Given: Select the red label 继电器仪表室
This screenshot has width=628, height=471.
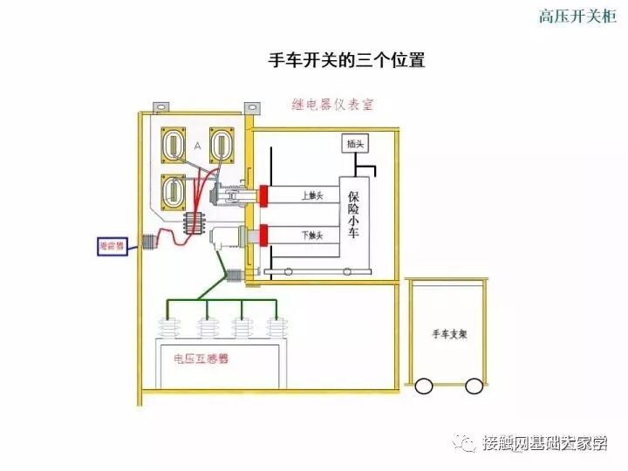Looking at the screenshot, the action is [x=332, y=105].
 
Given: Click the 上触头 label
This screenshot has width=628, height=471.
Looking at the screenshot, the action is [x=312, y=195].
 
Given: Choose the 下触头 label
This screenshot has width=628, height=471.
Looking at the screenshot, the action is [x=312, y=235].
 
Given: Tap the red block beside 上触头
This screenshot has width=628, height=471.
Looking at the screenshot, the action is [x=263, y=195].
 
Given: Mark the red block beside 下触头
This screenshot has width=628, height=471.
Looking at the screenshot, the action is [x=263, y=235].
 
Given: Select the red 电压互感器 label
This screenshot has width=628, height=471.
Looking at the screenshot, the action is [x=200, y=358].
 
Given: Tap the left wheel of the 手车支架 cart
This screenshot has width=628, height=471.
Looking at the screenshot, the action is [x=425, y=385].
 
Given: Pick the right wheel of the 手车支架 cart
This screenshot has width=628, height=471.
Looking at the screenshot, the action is [x=474, y=385].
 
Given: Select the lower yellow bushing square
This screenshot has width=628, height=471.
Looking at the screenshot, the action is [x=174, y=191].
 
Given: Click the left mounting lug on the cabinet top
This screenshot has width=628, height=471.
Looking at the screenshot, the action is [x=160, y=108].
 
